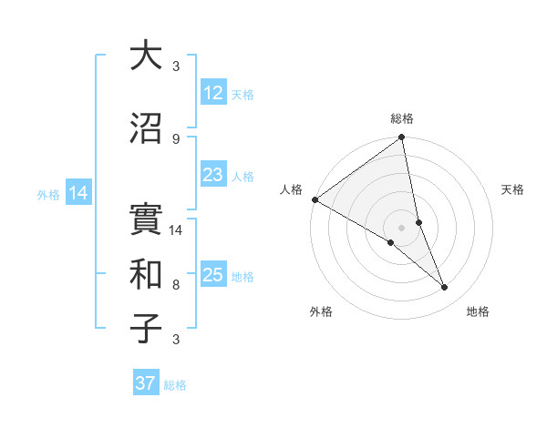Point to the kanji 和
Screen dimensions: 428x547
[146, 271]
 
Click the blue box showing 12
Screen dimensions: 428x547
[213, 94]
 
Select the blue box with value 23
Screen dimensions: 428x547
[213, 176]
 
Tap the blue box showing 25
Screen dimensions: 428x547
[213, 276]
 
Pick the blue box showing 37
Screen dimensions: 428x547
[146, 383]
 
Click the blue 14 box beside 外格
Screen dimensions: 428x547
[78, 193]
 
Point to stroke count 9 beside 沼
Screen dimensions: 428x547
[176, 138]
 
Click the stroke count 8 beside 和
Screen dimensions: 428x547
[176, 284]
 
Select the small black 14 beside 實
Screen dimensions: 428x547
[177, 230]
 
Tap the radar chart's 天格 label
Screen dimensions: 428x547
[512, 189]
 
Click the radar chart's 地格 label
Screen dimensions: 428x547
[478, 311]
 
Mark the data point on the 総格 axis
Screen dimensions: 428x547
[401, 138]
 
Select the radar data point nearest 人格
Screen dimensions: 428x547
[315, 199]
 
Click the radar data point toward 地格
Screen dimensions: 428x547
[445, 288]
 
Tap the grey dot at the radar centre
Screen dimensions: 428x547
[401, 227]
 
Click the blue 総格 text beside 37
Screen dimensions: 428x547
[175, 385]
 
